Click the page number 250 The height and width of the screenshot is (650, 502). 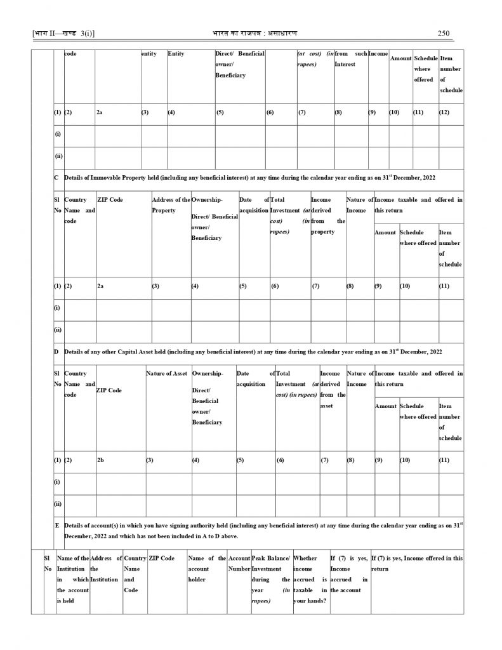point(444,33)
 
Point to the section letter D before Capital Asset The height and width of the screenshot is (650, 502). point(56,351)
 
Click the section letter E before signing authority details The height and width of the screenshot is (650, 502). point(57,526)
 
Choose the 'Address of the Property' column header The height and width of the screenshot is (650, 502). point(171,205)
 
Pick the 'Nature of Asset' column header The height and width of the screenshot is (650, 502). point(166,374)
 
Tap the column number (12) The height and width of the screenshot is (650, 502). point(446,112)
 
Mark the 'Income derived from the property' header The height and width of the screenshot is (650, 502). point(327,216)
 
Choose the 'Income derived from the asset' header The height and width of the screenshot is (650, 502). point(333,390)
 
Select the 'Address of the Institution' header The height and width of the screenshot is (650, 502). point(106,569)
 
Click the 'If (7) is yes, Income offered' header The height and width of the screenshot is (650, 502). point(416,564)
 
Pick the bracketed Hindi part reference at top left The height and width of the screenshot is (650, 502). point(58,33)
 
